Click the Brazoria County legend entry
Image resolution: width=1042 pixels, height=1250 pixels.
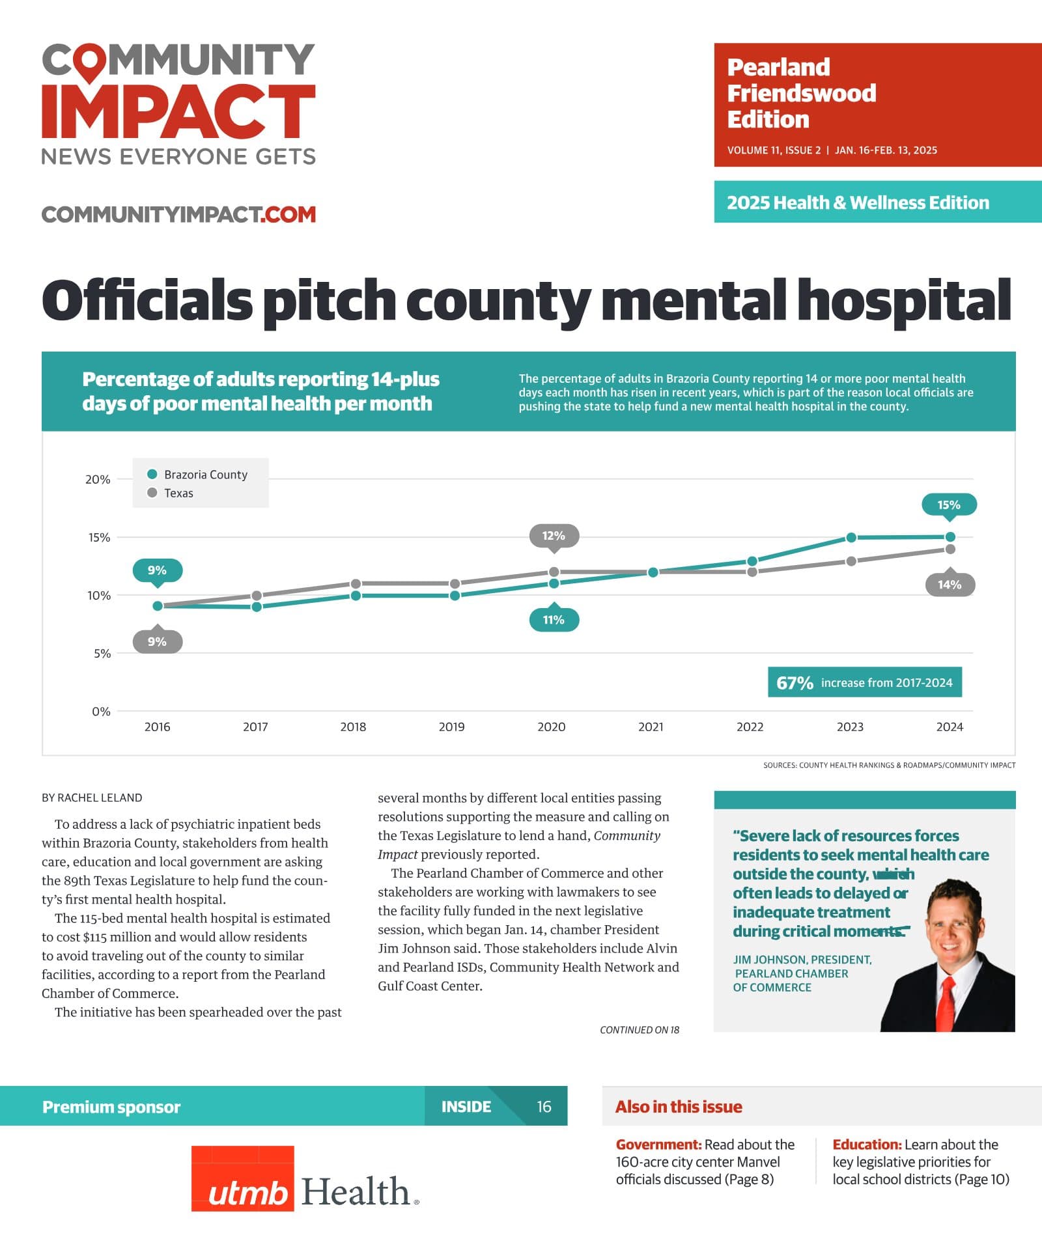198,475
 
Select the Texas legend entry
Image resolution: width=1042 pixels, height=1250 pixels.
171,493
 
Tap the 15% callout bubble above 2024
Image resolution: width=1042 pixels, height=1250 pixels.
949,506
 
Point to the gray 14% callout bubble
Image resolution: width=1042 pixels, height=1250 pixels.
950,584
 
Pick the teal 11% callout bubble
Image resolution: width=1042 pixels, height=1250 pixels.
554,618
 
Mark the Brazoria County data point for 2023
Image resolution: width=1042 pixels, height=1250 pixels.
851,538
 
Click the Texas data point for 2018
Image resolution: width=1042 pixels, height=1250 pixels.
356,584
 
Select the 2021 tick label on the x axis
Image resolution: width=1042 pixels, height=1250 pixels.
651,727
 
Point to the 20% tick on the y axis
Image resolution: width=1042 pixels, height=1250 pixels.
98,479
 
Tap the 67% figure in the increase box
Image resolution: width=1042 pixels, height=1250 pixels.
795,683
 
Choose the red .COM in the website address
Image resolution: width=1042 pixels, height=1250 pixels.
288,214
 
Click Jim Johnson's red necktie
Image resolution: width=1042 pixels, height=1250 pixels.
946,1003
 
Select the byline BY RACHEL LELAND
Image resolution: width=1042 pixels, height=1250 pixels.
92,798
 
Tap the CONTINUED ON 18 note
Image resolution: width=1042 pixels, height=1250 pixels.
640,1030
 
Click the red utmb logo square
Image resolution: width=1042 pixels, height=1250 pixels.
242,1178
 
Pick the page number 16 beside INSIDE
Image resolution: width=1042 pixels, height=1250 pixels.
544,1107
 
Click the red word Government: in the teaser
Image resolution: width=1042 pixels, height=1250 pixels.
658,1145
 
